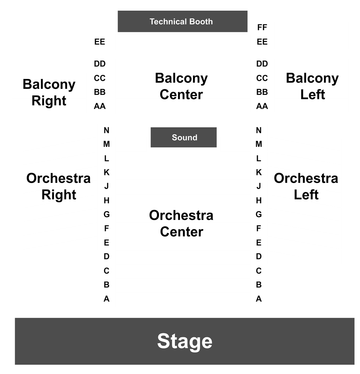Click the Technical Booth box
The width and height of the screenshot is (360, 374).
click(182, 21)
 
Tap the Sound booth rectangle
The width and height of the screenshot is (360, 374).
click(183, 137)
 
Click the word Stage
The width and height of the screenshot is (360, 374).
click(185, 341)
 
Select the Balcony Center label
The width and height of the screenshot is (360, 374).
click(181, 86)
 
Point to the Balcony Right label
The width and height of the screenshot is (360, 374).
click(49, 92)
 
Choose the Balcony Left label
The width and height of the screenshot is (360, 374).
click(312, 86)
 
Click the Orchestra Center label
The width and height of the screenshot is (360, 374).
click(181, 223)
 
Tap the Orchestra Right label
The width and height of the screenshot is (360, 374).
click(58, 186)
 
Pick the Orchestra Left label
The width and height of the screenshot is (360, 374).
click(306, 186)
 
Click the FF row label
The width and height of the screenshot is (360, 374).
click(262, 27)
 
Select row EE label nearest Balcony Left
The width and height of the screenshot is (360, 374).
click(262, 42)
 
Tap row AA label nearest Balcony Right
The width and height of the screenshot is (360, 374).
click(100, 106)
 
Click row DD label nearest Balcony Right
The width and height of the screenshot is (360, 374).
click(100, 64)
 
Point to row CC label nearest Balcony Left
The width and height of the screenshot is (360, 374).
click(262, 78)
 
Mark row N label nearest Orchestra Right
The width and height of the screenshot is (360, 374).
click(106, 130)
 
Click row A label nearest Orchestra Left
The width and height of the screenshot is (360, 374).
click(259, 299)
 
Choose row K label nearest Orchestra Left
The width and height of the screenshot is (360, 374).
click(259, 172)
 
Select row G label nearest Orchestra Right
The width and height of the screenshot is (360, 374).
click(107, 214)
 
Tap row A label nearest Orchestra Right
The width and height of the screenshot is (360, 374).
click(107, 299)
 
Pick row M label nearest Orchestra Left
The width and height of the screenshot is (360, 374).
click(259, 144)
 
